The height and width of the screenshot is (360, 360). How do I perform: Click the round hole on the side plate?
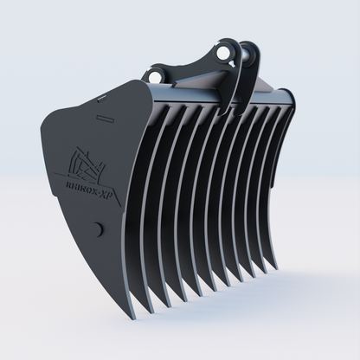tap(96, 230)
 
